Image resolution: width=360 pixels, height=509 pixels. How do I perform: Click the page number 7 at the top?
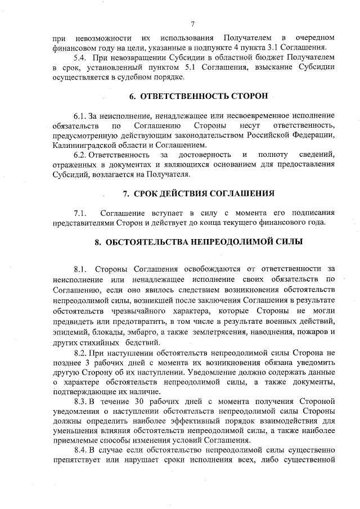(x=192, y=24)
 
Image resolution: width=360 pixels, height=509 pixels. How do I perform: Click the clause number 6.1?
(x=81, y=115)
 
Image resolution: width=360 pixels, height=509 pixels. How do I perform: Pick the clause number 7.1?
(x=81, y=213)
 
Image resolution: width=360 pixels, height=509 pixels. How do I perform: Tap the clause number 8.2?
(x=81, y=352)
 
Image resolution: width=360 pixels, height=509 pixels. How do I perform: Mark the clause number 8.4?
(x=81, y=451)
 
